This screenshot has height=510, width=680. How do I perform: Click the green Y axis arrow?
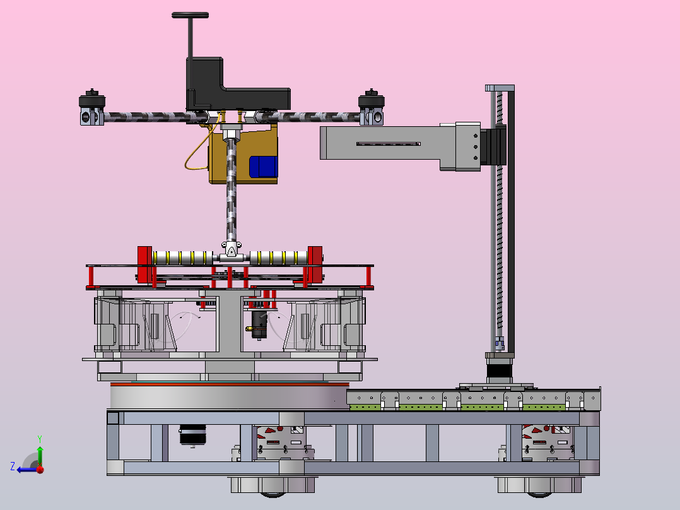pos(40,454)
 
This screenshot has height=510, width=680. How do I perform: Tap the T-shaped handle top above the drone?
pos(190,15)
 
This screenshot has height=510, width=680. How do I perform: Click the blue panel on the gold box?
pos(263,167)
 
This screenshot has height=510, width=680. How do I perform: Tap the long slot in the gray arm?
pos(388,144)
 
